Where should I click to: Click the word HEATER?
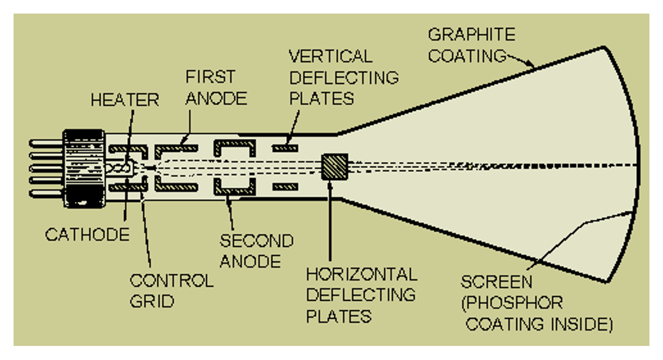(125, 100)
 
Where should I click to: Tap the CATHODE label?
(87, 234)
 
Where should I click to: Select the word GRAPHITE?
(472, 34)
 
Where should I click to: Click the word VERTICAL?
(331, 56)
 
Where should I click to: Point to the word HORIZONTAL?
(362, 275)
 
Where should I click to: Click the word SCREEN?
(496, 281)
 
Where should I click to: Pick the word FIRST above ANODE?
(210, 77)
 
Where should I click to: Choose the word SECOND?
(257, 240)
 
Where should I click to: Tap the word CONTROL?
(172, 280)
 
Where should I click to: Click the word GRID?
(152, 301)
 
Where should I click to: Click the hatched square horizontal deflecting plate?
(335, 167)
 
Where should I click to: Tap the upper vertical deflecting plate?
(285, 148)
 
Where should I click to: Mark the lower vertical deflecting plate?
(285, 187)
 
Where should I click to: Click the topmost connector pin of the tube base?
(46, 144)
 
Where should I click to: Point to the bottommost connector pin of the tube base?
(46, 194)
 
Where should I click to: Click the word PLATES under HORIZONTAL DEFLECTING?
(339, 316)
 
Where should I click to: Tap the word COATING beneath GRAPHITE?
(468, 56)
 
